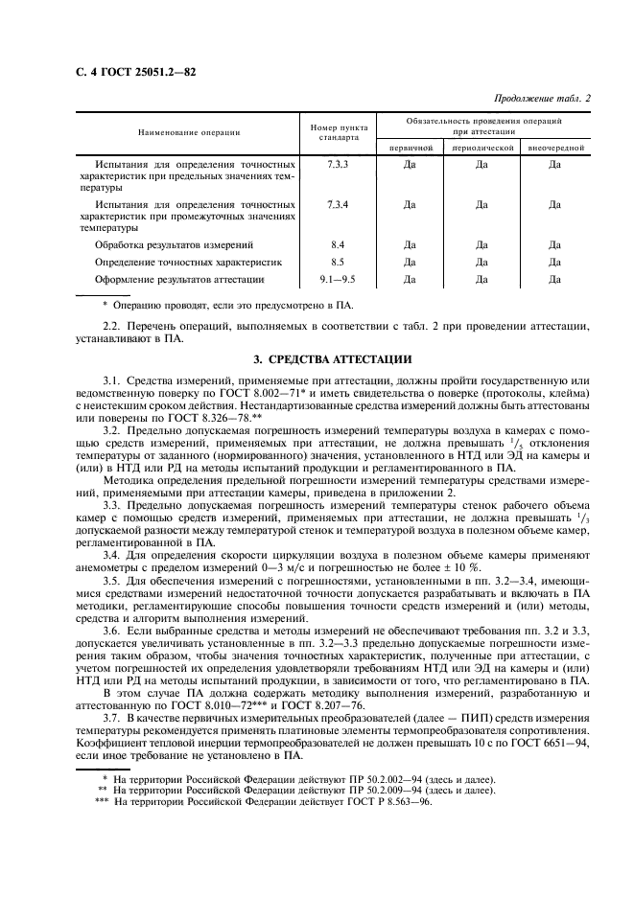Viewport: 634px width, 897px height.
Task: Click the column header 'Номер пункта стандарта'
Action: [x=337, y=132]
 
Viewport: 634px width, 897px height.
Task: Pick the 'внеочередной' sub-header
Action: [x=554, y=149]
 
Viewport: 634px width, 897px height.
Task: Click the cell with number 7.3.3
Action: [x=337, y=166]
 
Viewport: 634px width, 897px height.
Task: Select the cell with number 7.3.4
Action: [x=337, y=205]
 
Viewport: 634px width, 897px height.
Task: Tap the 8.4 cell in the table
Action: [x=337, y=244]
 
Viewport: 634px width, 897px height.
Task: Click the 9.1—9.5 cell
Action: [x=337, y=279]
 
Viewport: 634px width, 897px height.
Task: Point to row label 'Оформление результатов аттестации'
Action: [x=179, y=279]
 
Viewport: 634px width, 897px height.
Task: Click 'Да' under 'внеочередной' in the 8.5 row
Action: [x=554, y=262]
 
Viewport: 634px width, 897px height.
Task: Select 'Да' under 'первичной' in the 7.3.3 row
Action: [x=411, y=166]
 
